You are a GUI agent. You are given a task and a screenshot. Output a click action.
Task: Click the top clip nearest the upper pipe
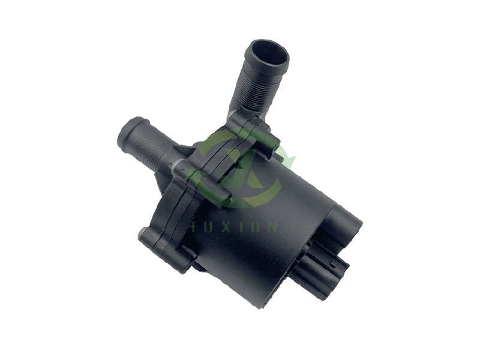[x=264, y=135]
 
